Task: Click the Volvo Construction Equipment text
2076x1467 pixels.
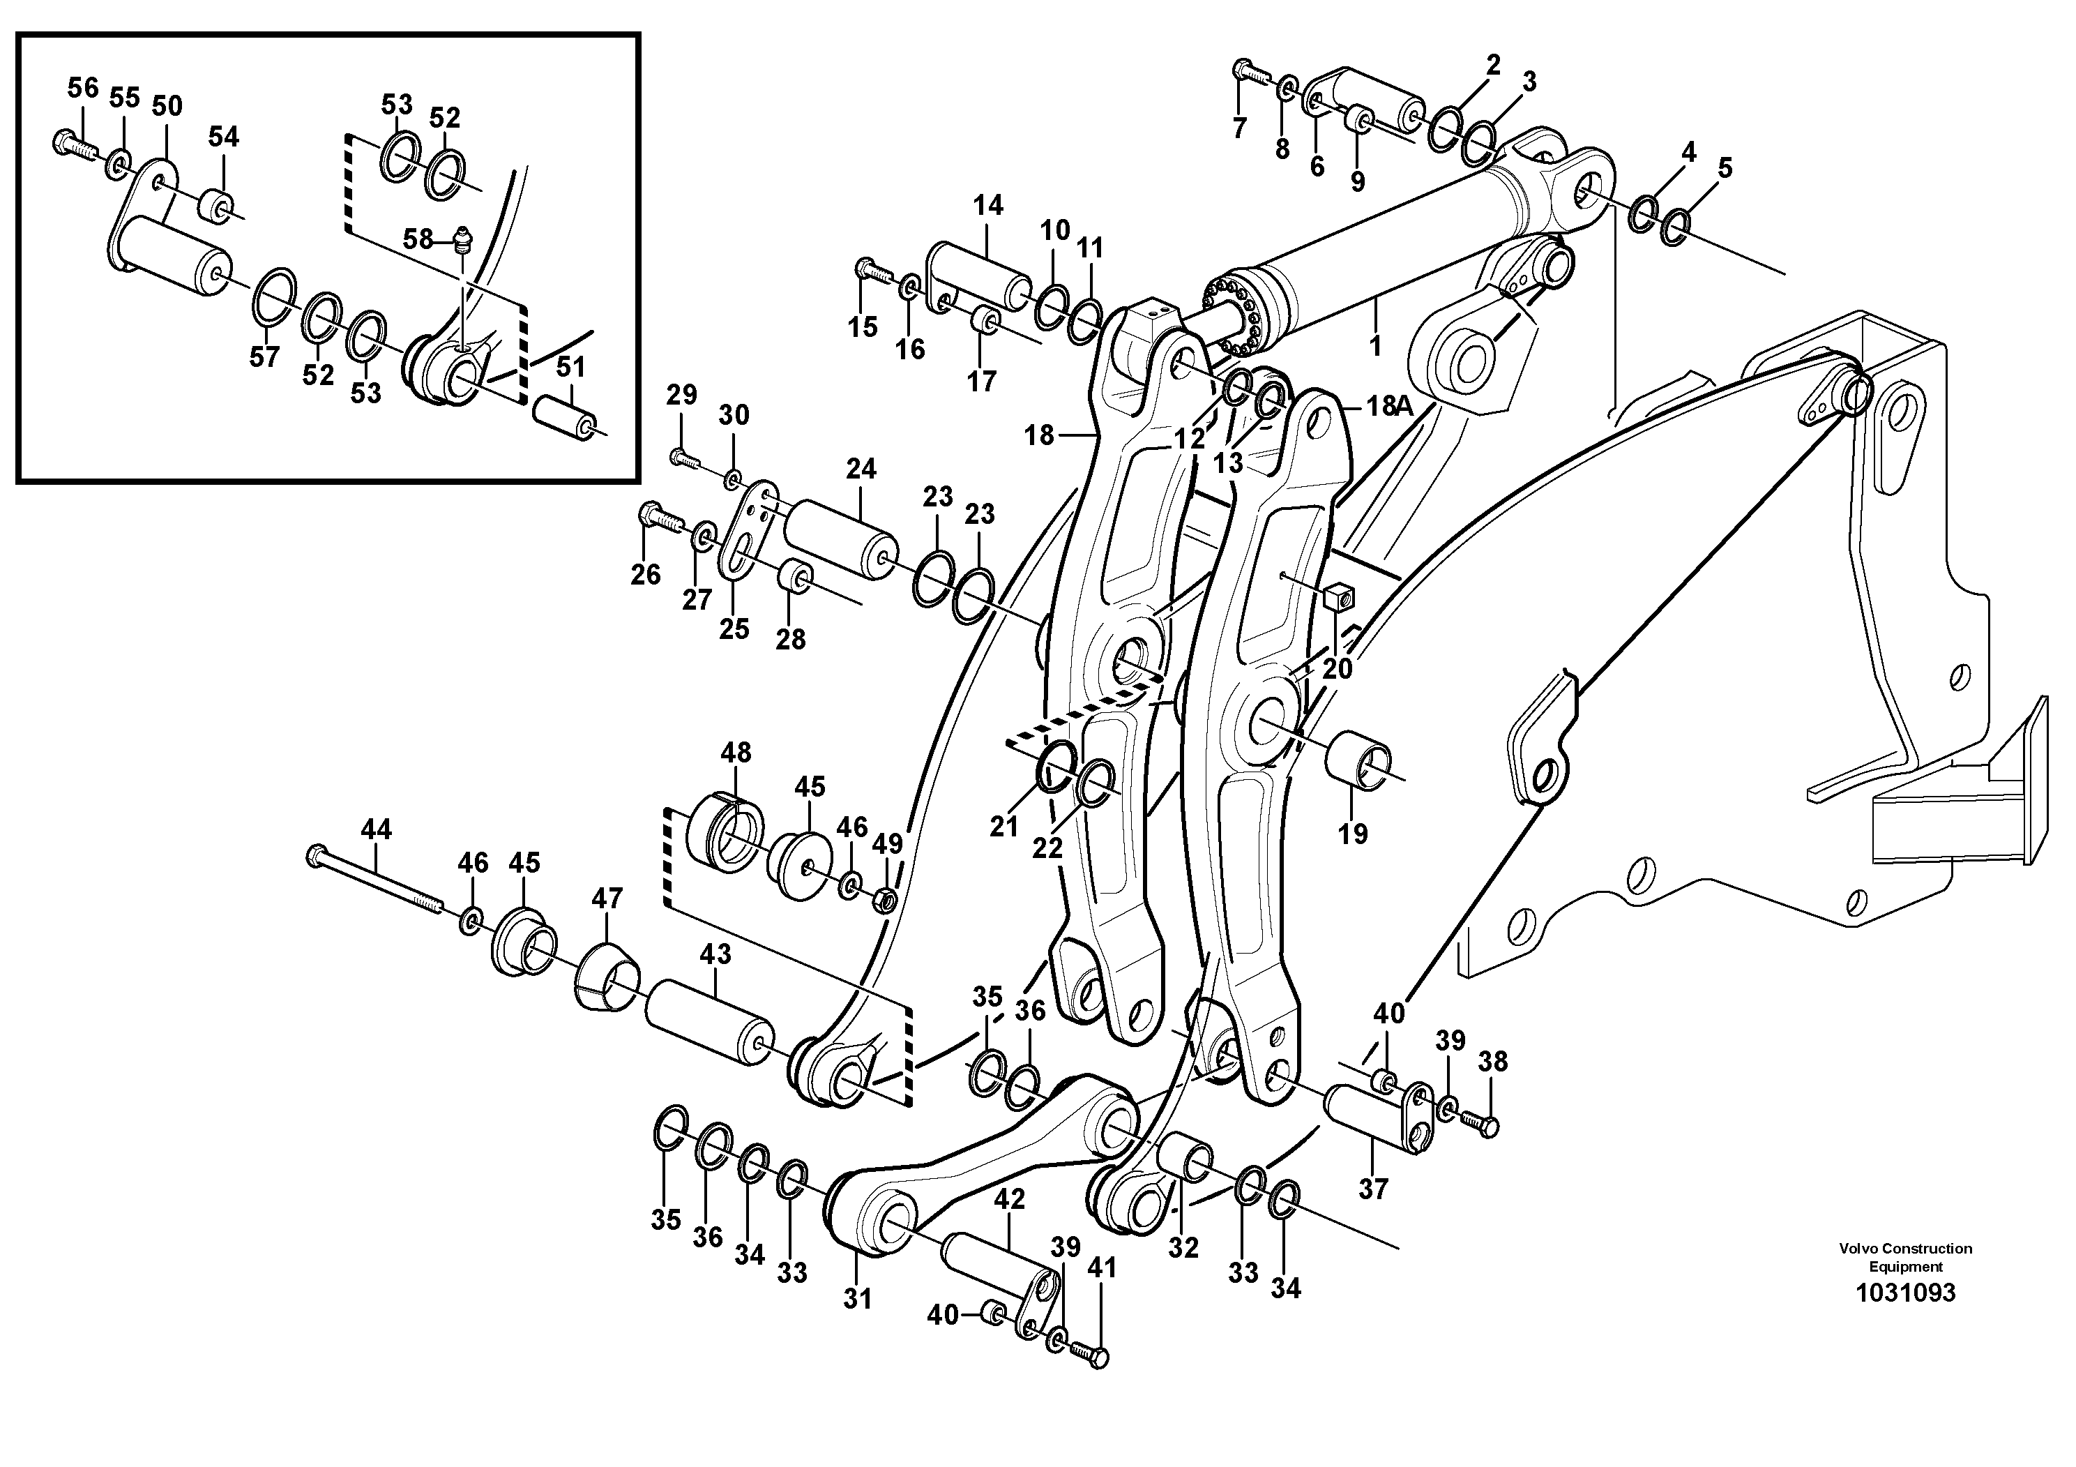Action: coord(1905,1257)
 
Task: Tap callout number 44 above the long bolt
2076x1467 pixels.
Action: coord(376,829)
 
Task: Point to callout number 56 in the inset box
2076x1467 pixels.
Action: coord(83,88)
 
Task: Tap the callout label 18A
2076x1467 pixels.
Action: coord(1390,407)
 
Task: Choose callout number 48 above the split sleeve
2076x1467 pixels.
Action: coord(736,753)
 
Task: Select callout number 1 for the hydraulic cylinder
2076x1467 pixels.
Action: coord(1374,345)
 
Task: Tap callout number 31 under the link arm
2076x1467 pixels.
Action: coord(857,1299)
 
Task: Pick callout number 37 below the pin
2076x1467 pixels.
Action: coord(1372,1189)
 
